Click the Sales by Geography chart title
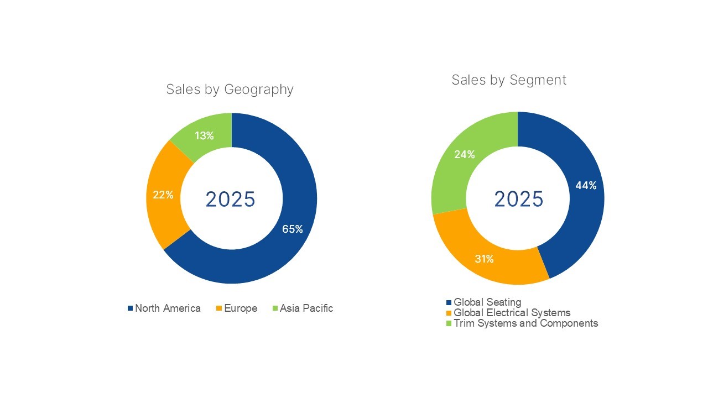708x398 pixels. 230,90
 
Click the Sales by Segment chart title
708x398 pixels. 509,80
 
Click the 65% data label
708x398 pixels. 293,229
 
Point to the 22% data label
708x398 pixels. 163,195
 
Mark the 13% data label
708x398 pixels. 204,135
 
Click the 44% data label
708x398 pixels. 586,186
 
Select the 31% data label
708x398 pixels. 484,258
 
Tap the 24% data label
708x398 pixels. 465,155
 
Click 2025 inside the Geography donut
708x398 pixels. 230,200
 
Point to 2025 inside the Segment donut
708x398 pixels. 518,199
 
